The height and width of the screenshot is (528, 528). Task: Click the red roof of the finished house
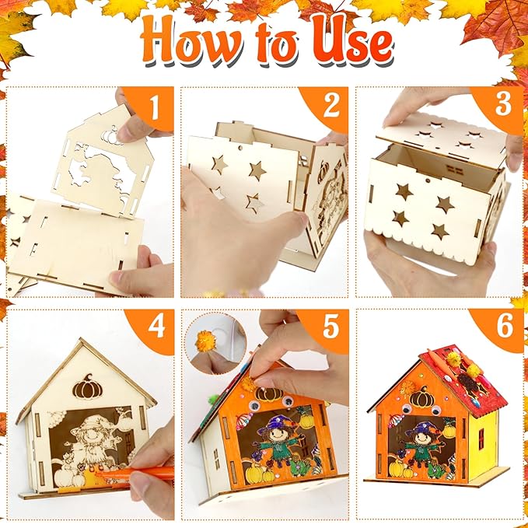tap(466, 379)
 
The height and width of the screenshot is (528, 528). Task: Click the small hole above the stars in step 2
tap(240, 148)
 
